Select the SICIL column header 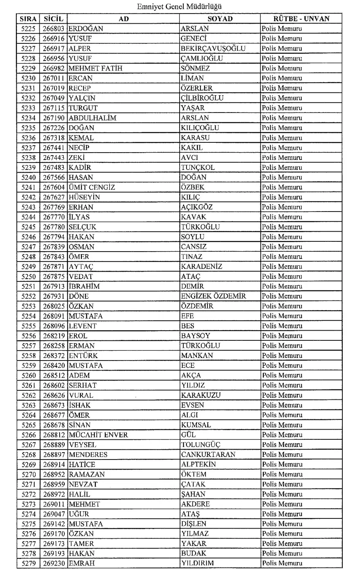point(54,19)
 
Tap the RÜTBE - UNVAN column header point(301,19)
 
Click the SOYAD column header point(220,19)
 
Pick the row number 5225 point(29,29)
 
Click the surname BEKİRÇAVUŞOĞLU point(213,48)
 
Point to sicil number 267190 point(54,118)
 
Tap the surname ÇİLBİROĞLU point(202,98)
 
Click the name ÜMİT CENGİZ point(92,187)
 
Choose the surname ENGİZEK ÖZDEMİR point(214,296)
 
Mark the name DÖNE point(79,296)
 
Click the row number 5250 point(29,277)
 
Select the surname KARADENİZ point(202,266)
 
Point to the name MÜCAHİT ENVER point(98,435)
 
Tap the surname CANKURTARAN point(208,455)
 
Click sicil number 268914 point(54,464)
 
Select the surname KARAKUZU point(201,395)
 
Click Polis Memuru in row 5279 point(282,563)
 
